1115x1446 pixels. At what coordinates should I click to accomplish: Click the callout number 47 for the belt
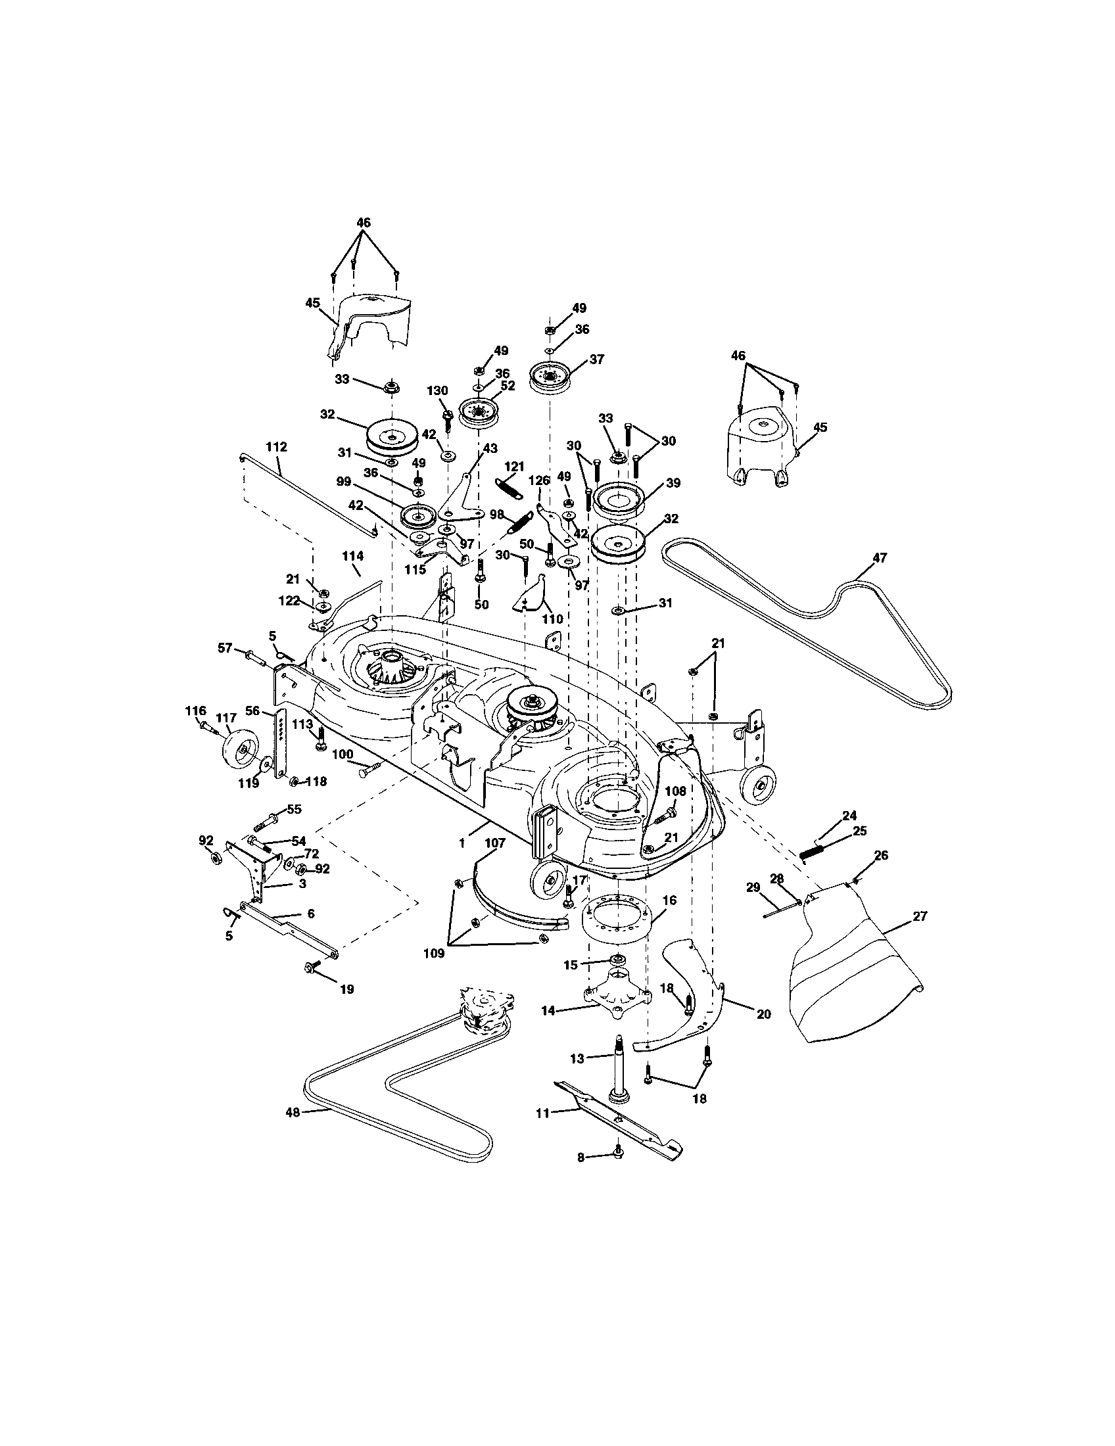click(x=878, y=557)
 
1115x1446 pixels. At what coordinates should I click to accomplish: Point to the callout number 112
click(x=277, y=447)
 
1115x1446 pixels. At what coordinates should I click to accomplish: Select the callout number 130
click(x=437, y=391)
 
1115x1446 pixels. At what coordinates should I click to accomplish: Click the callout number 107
click(x=494, y=843)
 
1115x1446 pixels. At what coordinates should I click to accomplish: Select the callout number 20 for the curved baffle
click(x=763, y=1014)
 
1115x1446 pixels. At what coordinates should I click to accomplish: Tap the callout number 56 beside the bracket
click(x=252, y=710)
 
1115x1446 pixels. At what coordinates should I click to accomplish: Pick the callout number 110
click(x=552, y=619)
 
